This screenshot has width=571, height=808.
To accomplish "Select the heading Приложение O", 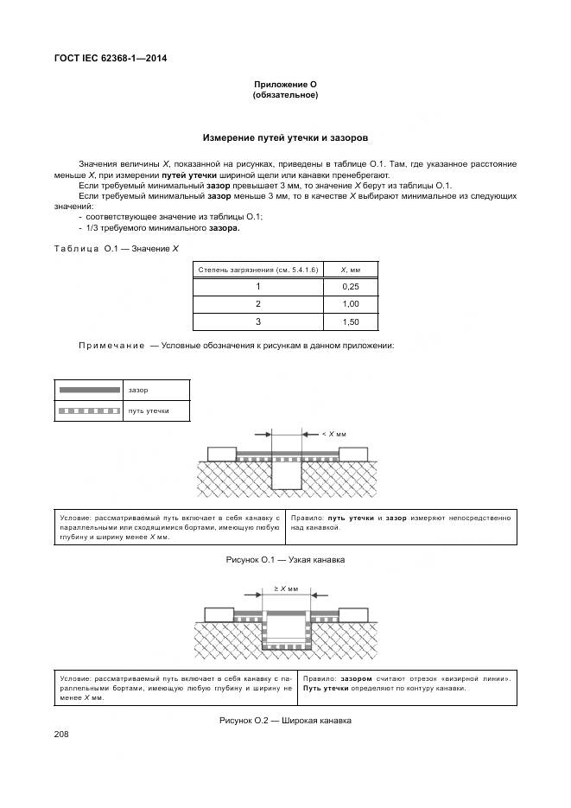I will point(285,84).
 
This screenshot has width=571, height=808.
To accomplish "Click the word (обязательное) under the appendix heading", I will point(285,95).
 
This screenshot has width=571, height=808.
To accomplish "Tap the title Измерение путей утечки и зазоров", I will point(285,137).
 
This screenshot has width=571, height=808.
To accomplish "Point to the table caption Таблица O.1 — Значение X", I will point(116,249).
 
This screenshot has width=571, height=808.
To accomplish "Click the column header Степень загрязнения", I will point(257,270).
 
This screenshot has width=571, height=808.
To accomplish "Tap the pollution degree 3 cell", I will point(257,321).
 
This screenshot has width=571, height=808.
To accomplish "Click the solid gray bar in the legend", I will point(89,391).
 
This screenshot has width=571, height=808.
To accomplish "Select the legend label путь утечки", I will point(147,411).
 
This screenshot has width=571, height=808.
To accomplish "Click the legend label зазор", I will point(137,391).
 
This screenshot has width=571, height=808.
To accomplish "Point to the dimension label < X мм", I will point(334,434).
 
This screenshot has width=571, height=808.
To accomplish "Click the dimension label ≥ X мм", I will point(286,588).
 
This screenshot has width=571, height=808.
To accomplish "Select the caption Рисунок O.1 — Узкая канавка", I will point(285,560).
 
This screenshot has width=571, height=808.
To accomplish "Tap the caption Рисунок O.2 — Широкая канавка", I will point(285,720).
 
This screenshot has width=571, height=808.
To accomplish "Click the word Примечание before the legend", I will point(111,345).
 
